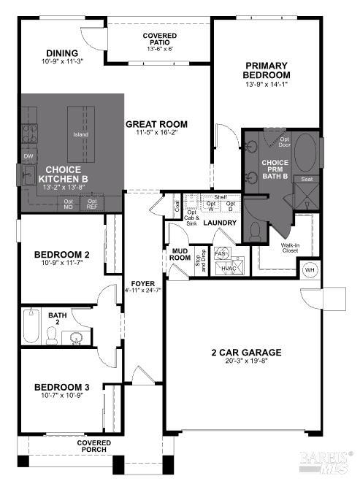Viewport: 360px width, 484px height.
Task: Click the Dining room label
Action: (62, 53)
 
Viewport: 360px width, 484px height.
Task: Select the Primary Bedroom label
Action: (267, 70)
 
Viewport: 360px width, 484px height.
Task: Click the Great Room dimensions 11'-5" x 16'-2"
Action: (156, 133)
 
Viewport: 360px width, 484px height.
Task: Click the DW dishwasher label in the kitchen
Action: (28, 156)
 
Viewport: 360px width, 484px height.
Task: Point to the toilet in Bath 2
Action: (52, 336)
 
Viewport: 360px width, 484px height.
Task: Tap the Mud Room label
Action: (180, 253)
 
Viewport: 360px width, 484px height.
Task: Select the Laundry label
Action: (219, 223)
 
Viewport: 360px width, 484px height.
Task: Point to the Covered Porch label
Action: (95, 446)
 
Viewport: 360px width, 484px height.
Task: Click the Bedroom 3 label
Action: (61, 387)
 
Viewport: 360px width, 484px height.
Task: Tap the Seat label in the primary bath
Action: (307, 179)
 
